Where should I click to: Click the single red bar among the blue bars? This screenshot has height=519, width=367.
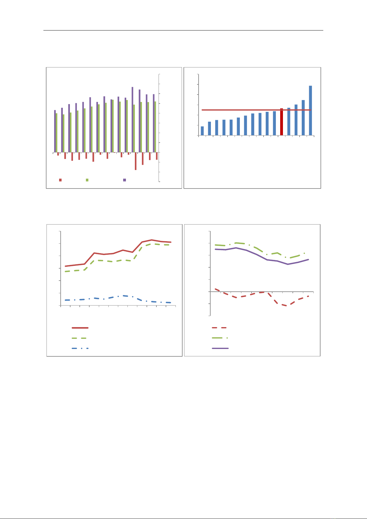(x=281, y=122)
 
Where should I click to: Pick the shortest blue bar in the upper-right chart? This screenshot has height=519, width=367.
(x=202, y=131)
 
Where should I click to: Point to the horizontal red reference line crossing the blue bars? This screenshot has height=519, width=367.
(x=240, y=110)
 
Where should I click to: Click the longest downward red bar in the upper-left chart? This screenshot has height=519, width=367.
(x=135, y=161)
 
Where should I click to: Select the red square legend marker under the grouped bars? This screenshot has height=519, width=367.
(x=60, y=180)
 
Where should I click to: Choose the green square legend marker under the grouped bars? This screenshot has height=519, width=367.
(x=87, y=180)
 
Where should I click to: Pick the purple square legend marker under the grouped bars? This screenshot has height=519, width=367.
(x=124, y=180)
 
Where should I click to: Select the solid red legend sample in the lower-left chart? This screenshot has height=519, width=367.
(x=80, y=328)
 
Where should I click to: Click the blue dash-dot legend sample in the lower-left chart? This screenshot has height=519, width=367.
(x=80, y=348)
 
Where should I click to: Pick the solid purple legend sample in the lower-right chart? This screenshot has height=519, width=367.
(x=220, y=348)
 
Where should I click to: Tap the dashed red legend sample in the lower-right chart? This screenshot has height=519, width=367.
(x=220, y=328)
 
